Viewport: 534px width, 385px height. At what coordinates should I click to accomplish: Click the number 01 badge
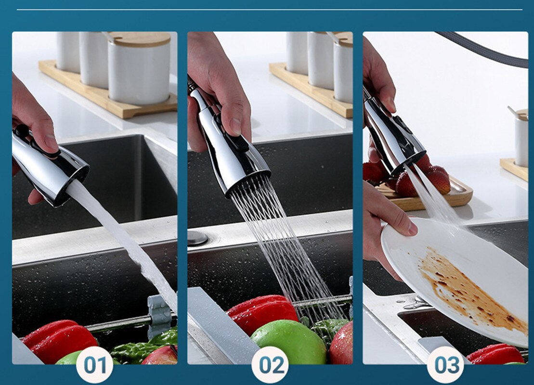click(94, 365)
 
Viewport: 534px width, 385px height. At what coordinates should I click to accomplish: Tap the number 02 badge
click(270, 365)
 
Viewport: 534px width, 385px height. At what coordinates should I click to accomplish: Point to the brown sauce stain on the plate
click(470, 289)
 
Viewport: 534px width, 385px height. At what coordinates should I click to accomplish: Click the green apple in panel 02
click(289, 342)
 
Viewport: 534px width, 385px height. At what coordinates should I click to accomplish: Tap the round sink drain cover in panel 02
click(197, 238)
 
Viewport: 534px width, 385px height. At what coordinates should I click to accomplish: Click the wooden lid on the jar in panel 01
click(140, 39)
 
